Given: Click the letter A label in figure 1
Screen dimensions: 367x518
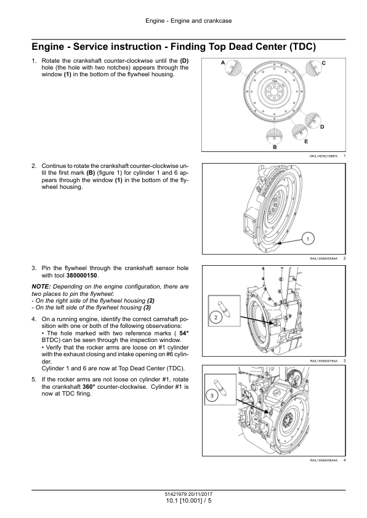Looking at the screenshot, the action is (x=223, y=63).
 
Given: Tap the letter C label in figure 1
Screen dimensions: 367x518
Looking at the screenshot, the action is (x=323, y=63).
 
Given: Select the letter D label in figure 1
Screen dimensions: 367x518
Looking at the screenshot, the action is (x=323, y=127).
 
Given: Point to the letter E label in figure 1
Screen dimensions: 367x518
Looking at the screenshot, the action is (x=306, y=141).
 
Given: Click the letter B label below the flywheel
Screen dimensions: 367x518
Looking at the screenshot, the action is (x=275, y=147).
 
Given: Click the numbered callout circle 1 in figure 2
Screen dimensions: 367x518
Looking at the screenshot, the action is (x=308, y=239).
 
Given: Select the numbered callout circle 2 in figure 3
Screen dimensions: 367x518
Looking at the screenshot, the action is (x=216, y=318).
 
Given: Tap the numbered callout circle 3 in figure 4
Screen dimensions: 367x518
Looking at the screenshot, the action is (x=212, y=396).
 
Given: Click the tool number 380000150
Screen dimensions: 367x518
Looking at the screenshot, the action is (x=82, y=276).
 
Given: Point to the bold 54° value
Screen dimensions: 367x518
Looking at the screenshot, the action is (x=184, y=333).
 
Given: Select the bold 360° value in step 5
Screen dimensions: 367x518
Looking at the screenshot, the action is (x=89, y=386).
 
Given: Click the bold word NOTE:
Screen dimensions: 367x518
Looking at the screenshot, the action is (x=41, y=287).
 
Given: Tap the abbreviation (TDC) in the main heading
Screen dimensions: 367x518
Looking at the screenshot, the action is (x=302, y=47).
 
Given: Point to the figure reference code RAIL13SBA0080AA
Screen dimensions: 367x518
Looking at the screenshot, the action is (x=324, y=460).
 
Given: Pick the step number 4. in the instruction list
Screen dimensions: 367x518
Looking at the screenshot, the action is (x=34, y=319).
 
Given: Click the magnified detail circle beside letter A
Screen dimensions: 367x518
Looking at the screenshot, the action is (x=233, y=69).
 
